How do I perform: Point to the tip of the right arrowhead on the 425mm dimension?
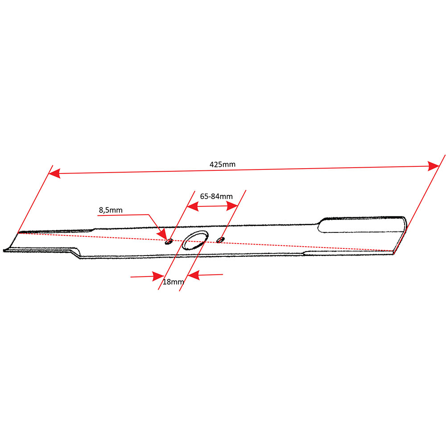[x=439, y=166]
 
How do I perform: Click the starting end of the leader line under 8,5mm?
[x=98, y=215]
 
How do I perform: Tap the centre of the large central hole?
[x=195, y=240]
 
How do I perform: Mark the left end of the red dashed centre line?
[x=18, y=233]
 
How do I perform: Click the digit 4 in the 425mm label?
[x=212, y=165]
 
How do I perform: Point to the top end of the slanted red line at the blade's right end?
[x=445, y=155]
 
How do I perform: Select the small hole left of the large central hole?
[x=169, y=242]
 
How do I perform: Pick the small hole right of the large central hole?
[x=220, y=240]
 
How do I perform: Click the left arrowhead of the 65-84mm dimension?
[x=193, y=206]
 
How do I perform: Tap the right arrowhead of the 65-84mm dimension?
[x=232, y=206]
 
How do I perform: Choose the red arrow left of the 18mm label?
[x=147, y=276]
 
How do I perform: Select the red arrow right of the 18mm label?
[x=205, y=275]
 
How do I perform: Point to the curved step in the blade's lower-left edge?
[x=76, y=252]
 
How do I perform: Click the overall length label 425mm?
[x=223, y=165]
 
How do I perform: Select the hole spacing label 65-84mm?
[x=216, y=197]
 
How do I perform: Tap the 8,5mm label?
[x=111, y=210]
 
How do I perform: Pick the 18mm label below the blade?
[x=173, y=282]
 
